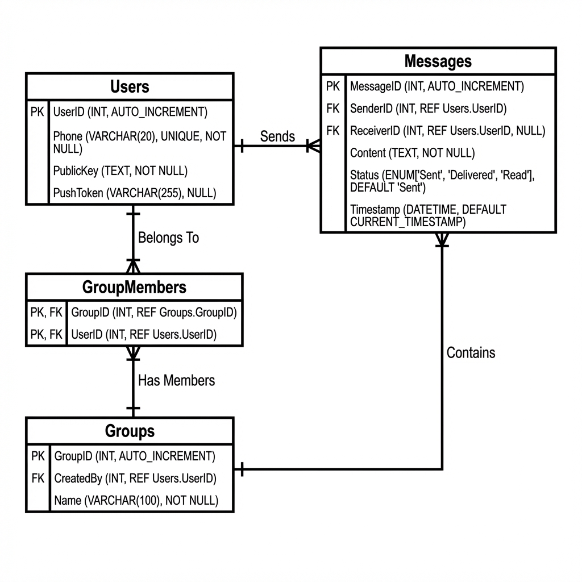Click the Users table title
(x=130, y=87)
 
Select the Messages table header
(x=438, y=61)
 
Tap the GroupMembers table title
(x=134, y=288)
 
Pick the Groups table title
(x=130, y=431)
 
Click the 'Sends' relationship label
(x=277, y=136)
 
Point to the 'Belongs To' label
(x=168, y=238)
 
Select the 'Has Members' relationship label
(x=176, y=380)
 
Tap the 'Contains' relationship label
(x=471, y=353)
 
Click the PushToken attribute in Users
(x=135, y=193)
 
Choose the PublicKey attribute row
(x=120, y=171)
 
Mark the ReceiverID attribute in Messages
(x=447, y=131)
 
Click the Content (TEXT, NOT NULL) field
(x=412, y=153)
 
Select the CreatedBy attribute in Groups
(x=135, y=479)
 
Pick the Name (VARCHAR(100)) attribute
(x=136, y=501)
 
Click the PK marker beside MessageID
(x=333, y=87)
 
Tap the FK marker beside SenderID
(x=333, y=109)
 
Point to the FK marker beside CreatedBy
(x=38, y=479)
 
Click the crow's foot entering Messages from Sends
(x=313, y=146)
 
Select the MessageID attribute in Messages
(x=436, y=87)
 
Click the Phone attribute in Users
(x=139, y=143)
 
